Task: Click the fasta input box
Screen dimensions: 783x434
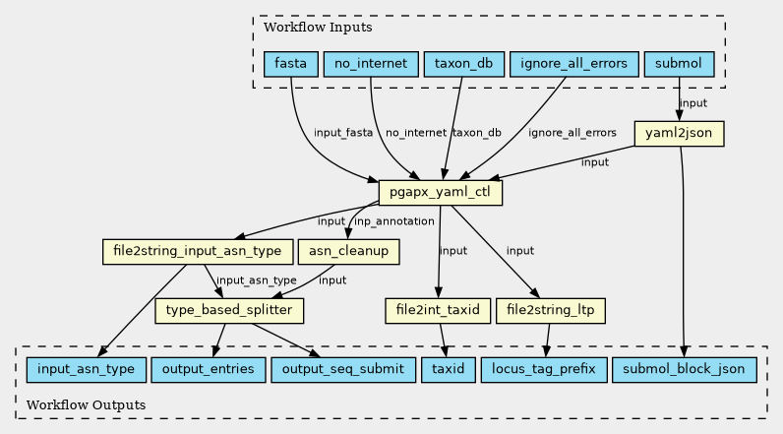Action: (290, 64)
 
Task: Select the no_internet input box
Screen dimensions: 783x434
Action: (371, 64)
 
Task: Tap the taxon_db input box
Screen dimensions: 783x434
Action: (464, 64)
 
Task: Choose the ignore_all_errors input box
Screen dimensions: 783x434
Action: (574, 64)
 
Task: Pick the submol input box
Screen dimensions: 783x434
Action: (679, 64)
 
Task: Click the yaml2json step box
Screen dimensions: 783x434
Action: (679, 133)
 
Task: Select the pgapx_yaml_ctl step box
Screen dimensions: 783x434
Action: (441, 192)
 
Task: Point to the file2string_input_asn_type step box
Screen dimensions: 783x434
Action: (198, 251)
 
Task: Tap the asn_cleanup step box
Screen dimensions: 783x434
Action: (348, 251)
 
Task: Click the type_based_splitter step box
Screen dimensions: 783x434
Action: (229, 311)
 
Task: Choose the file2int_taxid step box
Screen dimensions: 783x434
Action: (438, 311)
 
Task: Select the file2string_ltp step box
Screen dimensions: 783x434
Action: (551, 311)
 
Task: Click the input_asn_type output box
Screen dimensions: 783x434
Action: (86, 370)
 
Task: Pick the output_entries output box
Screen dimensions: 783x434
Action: (209, 370)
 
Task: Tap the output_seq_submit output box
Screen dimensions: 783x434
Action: (343, 370)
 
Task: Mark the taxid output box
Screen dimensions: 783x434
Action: (449, 370)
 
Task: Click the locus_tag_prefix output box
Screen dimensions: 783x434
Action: (544, 370)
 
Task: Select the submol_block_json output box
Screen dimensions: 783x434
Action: (684, 370)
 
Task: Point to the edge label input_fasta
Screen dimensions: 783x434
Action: (343, 133)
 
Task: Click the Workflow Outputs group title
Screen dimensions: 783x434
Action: (86, 404)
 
